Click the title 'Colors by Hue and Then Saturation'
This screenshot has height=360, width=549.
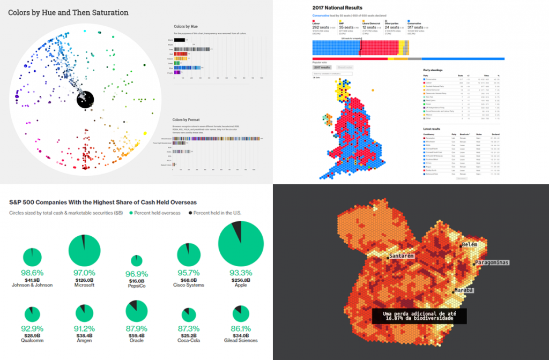[68, 12]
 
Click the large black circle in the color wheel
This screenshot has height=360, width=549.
[85, 99]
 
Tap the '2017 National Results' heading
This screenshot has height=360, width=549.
[337, 8]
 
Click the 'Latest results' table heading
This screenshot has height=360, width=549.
[434, 129]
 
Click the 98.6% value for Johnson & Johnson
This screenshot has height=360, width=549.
[32, 272]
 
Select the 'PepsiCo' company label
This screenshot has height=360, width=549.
[137, 285]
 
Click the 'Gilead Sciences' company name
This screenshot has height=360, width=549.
[241, 340]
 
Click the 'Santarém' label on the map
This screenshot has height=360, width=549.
[402, 256]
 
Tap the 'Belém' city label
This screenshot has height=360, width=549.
[469, 245]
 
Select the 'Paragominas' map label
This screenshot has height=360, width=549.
[492, 262]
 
